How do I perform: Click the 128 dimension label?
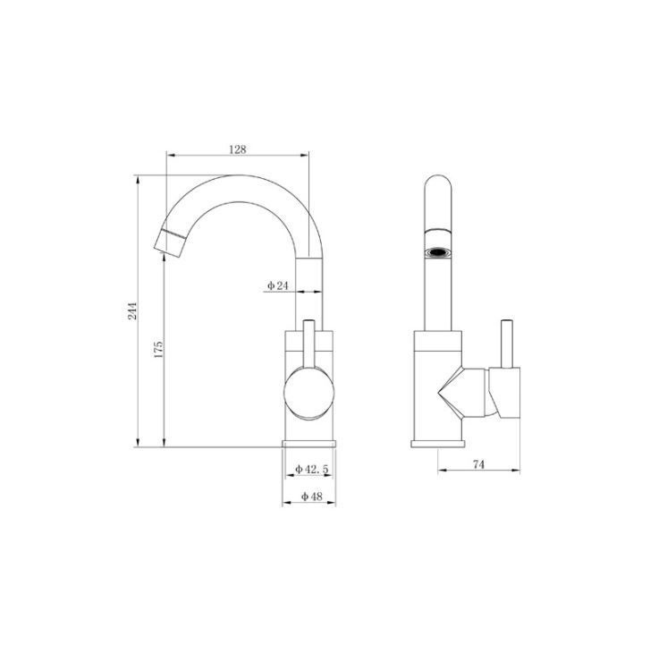click(x=238, y=149)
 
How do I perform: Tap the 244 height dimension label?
click(x=132, y=310)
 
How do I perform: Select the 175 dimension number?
click(x=158, y=350)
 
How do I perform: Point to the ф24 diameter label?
click(x=278, y=285)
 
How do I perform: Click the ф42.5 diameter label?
click(x=312, y=469)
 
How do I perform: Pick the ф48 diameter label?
click(x=312, y=497)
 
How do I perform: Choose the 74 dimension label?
click(x=479, y=464)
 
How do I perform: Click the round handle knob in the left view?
click(x=309, y=393)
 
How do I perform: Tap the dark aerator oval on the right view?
click(x=438, y=252)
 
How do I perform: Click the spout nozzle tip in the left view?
click(x=170, y=242)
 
